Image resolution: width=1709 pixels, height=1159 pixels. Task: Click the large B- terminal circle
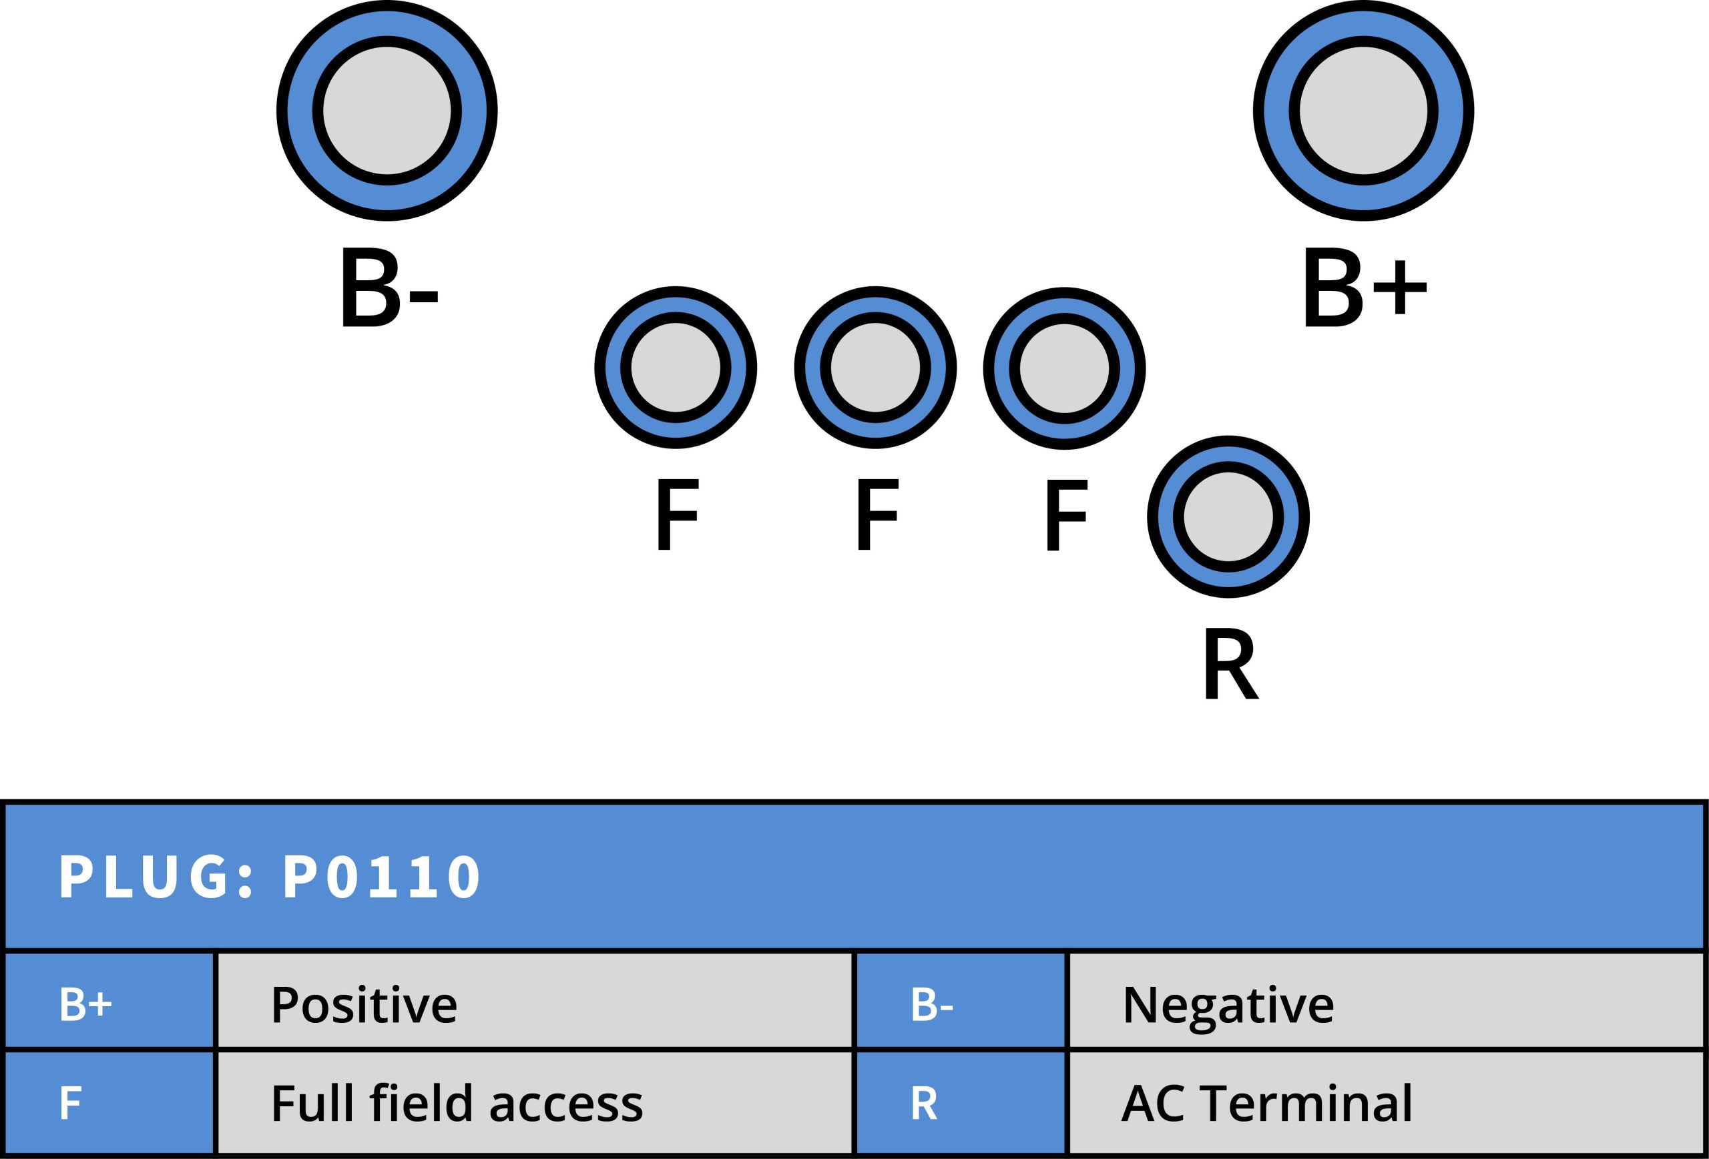387,111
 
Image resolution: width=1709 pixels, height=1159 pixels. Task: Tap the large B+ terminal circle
1363,111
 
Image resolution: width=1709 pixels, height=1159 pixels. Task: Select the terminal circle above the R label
1228,516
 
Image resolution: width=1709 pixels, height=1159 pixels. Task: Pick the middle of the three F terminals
875,368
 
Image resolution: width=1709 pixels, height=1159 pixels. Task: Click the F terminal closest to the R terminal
1064,368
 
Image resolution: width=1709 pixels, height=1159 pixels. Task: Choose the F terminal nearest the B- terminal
676,368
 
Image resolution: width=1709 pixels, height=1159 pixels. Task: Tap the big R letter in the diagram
1230,664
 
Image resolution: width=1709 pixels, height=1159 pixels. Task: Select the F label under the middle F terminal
877,514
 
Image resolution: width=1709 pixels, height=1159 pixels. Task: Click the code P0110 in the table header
383,877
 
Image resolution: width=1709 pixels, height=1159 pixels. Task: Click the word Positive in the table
364,1005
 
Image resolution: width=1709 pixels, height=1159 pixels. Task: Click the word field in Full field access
420,1102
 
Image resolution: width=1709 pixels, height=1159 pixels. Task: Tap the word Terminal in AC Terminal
1305,1102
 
